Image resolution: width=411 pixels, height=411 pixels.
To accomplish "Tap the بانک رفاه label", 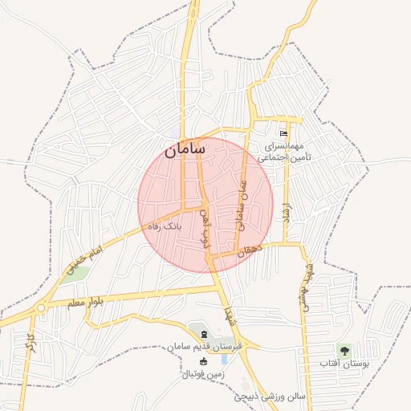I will (x=162, y=227).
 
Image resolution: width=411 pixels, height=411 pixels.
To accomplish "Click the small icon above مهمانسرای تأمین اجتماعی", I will (x=283, y=133).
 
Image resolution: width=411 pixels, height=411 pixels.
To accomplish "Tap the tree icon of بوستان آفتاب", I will (x=344, y=350).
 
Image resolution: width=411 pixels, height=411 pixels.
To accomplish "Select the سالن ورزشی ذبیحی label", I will (x=270, y=397).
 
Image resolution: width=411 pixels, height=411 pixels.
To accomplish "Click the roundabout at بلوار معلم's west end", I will (x=40, y=308).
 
